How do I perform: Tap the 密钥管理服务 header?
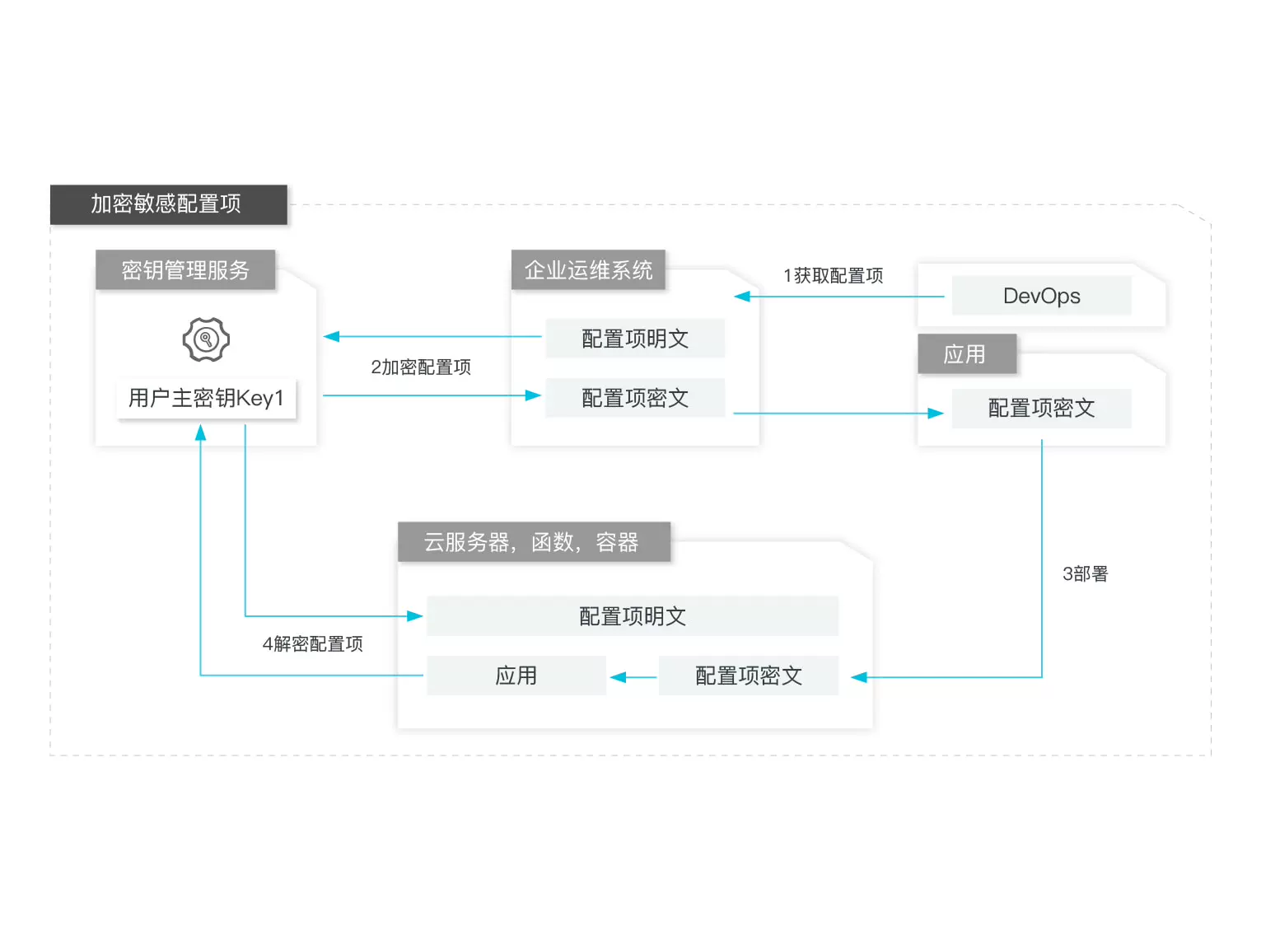(185, 270)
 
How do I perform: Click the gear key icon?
(206, 339)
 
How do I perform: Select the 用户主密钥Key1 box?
(206, 399)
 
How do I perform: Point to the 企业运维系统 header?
(588, 270)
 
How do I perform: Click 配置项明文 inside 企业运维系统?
(635, 339)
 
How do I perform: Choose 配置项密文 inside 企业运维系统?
(635, 398)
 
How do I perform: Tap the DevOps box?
(1041, 296)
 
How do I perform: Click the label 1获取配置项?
(833, 275)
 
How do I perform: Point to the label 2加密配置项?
(420, 367)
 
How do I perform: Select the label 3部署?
(1085, 573)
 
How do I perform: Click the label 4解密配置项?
(312, 643)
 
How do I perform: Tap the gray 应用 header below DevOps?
(966, 354)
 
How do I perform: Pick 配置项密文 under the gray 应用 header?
(1041, 408)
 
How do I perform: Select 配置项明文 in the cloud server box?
(633, 616)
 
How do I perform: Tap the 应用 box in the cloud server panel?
(516, 676)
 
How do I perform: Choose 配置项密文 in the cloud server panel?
(748, 676)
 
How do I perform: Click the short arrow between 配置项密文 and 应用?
(633, 677)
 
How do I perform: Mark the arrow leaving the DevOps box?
(840, 297)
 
